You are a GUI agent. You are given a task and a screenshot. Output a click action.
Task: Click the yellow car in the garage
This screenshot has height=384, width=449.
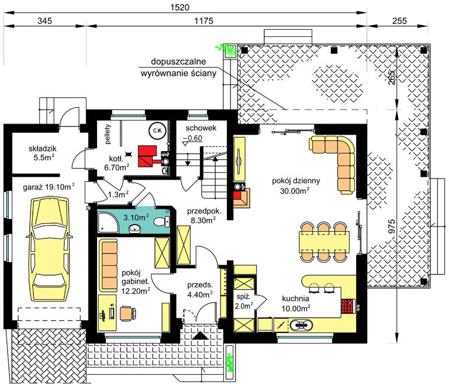pyautogui.click(x=49, y=248)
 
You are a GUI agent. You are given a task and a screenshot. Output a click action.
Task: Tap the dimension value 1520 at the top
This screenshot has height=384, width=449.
pyautogui.click(x=180, y=7)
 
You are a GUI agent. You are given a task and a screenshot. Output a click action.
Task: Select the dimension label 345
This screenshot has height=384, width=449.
pyautogui.click(x=44, y=20)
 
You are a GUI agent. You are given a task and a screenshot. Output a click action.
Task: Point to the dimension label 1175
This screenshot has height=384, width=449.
pyautogui.click(x=203, y=20)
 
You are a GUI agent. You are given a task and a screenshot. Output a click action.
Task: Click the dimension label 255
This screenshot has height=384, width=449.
pyautogui.click(x=399, y=20)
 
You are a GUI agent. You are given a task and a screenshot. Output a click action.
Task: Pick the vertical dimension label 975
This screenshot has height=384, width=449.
pyautogui.click(x=392, y=226)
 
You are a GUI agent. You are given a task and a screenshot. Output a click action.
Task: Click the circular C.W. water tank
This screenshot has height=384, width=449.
pyautogui.click(x=157, y=131)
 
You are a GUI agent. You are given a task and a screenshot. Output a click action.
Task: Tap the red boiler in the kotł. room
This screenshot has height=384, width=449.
pyautogui.click(x=147, y=156)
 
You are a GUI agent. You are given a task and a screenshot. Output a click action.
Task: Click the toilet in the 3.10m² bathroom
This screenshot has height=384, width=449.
pyautogui.click(x=161, y=222)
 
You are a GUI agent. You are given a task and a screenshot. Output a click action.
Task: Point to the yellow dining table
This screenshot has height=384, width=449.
pyautogui.click(x=324, y=242)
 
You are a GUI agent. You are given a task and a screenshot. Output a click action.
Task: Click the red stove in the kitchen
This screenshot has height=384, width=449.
pyautogui.click(x=348, y=306)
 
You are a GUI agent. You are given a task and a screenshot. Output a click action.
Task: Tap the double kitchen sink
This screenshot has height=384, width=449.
pyautogui.click(x=301, y=325)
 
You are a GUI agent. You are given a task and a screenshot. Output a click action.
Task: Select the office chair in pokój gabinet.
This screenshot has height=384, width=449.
pyautogui.click(x=127, y=313)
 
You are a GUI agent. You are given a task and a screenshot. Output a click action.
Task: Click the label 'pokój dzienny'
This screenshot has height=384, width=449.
pyautogui.click(x=296, y=181)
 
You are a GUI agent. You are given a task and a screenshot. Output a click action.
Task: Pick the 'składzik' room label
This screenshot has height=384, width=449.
pyautogui.click(x=42, y=149)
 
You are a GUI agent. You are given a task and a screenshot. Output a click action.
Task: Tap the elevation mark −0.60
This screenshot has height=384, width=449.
pyautogui.click(x=192, y=138)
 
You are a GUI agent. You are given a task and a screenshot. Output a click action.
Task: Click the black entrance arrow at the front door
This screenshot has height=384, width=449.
pyautogui.click(x=200, y=336)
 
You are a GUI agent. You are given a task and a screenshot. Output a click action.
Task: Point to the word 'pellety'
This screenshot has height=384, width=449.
pyautogui.click(x=108, y=134)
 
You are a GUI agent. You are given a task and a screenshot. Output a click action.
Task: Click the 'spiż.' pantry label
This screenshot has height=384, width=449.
pyautogui.click(x=243, y=297)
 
